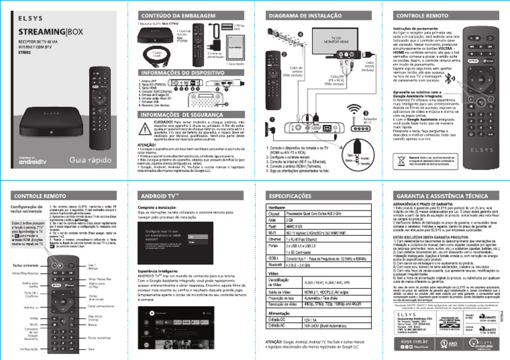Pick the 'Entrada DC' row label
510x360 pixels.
click(x=277, y=319)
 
